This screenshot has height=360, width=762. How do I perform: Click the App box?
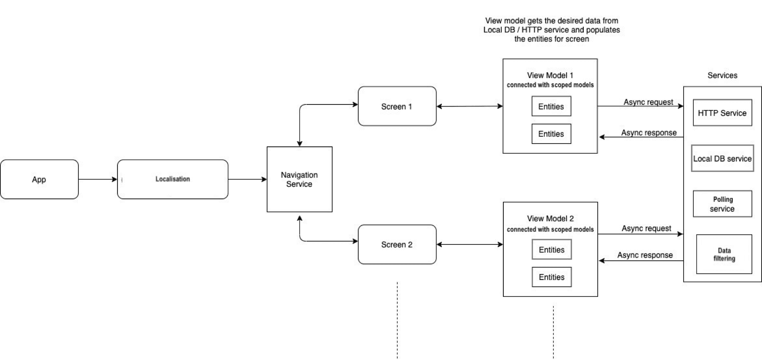click(x=39, y=179)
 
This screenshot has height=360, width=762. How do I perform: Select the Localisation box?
click(x=173, y=179)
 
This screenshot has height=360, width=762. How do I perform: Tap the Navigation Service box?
click(x=299, y=179)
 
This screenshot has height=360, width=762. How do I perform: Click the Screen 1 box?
click(x=397, y=106)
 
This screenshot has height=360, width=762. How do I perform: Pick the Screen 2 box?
click(x=397, y=244)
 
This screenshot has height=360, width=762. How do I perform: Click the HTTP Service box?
click(x=722, y=113)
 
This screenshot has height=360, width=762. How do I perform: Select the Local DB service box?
click(x=722, y=158)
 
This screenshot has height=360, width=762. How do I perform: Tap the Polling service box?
click(x=722, y=204)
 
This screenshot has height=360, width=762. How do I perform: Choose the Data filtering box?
click(x=724, y=254)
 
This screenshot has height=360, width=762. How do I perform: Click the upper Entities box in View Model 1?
click(x=551, y=106)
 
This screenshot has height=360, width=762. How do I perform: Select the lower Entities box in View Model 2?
click(x=552, y=277)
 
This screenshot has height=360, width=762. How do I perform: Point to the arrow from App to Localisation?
click(x=98, y=179)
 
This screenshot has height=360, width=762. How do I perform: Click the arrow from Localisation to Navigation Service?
click(x=247, y=179)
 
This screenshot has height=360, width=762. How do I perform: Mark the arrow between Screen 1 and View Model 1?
click(x=470, y=106)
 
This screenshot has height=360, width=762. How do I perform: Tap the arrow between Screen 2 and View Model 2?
click(x=470, y=244)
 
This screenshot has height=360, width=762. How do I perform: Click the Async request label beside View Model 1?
click(x=648, y=102)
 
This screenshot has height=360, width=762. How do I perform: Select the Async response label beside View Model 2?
click(x=645, y=255)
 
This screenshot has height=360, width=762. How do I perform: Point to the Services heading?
click(x=722, y=75)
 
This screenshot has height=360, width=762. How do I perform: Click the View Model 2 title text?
click(x=551, y=218)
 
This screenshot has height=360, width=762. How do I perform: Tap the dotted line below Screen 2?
click(x=397, y=320)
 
